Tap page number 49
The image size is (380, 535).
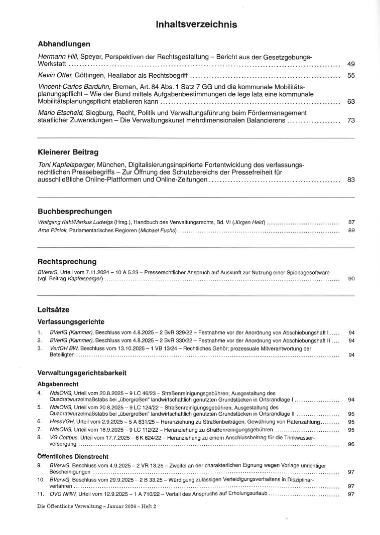click(351, 65)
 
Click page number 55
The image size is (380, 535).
click(351, 76)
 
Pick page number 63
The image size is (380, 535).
click(351, 102)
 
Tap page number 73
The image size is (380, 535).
click(351, 120)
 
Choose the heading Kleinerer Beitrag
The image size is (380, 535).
click(68, 151)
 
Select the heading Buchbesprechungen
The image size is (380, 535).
click(75, 211)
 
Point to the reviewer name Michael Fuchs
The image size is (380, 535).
click(160, 231)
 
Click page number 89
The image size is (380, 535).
click(351, 231)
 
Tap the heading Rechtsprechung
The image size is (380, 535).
click(67, 262)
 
